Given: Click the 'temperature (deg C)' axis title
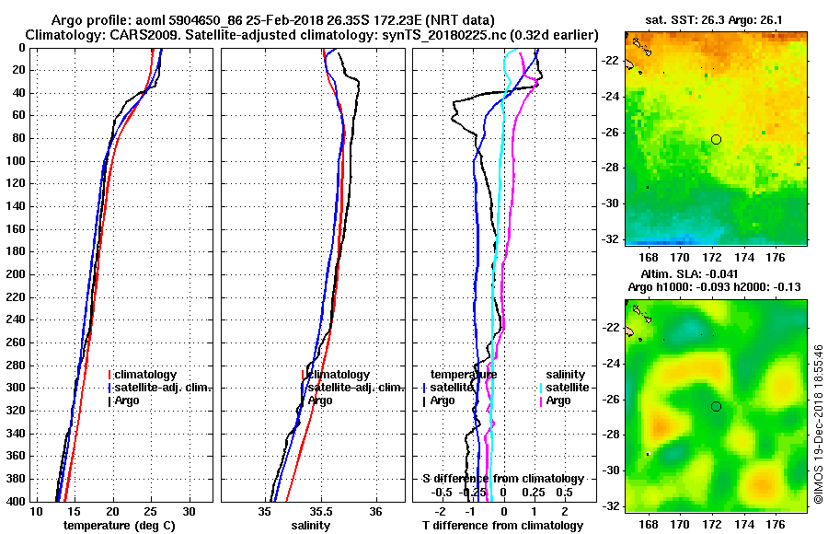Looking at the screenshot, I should click(120, 526).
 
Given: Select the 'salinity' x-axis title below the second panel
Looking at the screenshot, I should click(311, 526).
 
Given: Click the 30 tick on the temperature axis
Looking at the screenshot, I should click(189, 511).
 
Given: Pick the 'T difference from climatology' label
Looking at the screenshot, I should click(502, 526).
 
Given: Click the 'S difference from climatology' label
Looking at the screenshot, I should click(502, 479).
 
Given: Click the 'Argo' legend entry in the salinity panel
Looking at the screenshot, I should click(320, 400).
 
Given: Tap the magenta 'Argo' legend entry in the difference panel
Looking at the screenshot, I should click(558, 400).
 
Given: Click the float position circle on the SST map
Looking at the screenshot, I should click(716, 139).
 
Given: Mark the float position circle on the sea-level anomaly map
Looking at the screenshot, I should click(716, 406).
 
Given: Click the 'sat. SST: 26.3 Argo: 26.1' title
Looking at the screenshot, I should click(715, 20).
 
